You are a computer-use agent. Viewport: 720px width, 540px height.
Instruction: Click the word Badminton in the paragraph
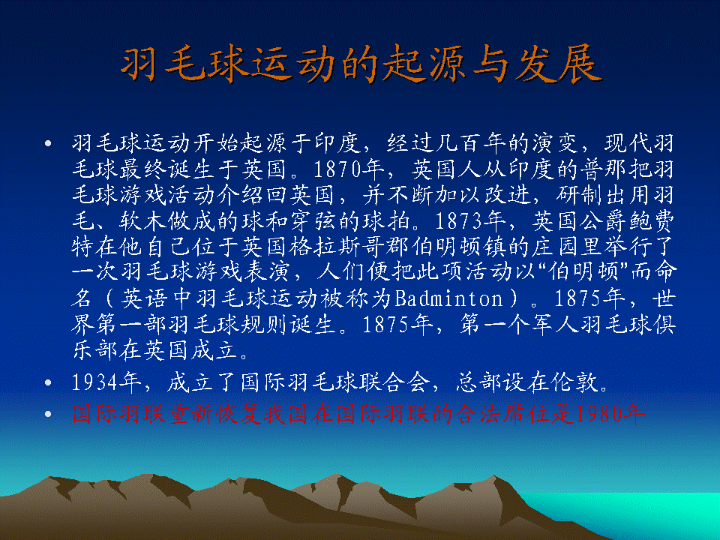pyautogui.click(x=449, y=299)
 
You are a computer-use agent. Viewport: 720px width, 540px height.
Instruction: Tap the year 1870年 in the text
pyautogui.click(x=349, y=169)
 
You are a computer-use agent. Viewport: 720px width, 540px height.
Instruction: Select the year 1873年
pyautogui.click(x=469, y=221)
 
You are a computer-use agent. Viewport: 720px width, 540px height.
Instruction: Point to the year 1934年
pyautogui.click(x=106, y=382)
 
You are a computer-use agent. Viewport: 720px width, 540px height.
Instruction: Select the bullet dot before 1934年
pyautogui.click(x=48, y=382)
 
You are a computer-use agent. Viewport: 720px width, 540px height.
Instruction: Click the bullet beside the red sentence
pyautogui.click(x=48, y=414)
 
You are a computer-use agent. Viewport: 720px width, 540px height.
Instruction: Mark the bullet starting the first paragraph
pyautogui.click(x=48, y=144)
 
